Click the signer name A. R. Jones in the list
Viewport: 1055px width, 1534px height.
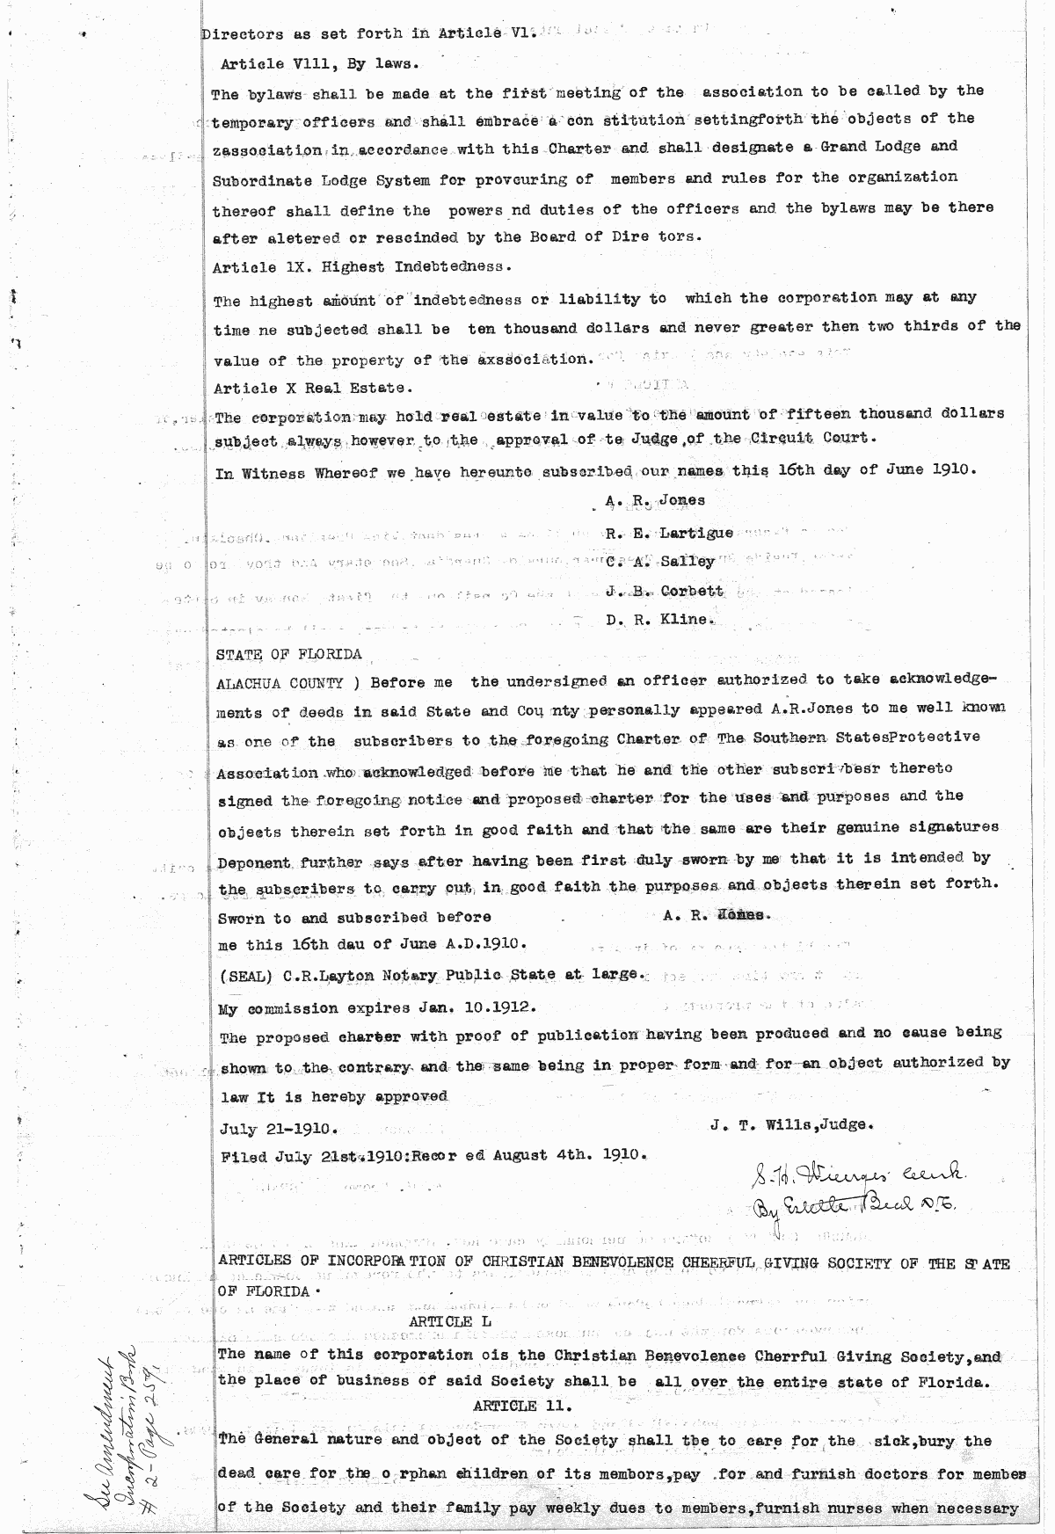(x=655, y=500)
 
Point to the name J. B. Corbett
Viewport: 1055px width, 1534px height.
(x=665, y=591)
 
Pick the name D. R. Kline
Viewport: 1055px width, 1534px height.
(x=658, y=619)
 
